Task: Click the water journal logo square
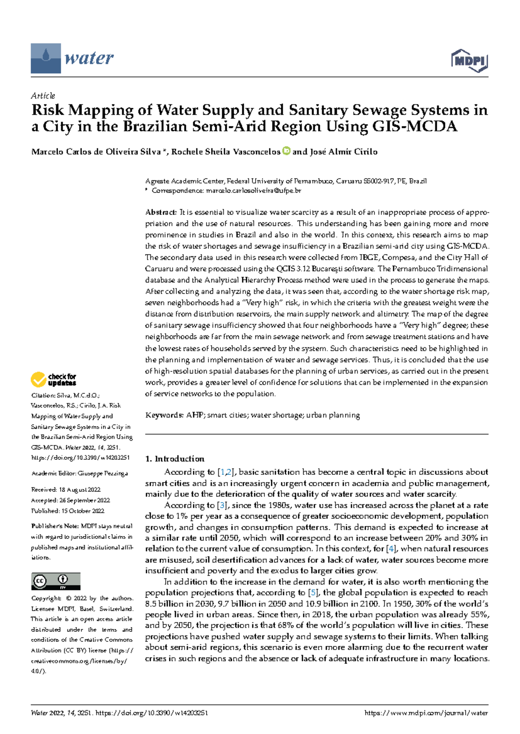[x=45, y=58]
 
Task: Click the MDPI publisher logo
[x=470, y=61]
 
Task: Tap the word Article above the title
[x=43, y=96]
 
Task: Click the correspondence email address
[x=253, y=190]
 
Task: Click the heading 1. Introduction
[x=175, y=459]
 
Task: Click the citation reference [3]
[x=222, y=505]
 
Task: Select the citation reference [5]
[x=312, y=592]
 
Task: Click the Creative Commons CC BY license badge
[x=55, y=581]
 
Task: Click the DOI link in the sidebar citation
[x=80, y=457]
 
